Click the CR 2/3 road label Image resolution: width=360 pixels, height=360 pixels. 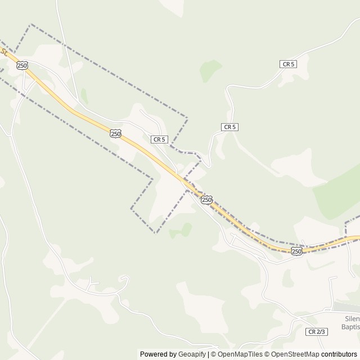(x=317, y=332)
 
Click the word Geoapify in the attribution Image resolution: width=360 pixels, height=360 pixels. (x=191, y=354)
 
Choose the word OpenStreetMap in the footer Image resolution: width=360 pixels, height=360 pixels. (x=296, y=354)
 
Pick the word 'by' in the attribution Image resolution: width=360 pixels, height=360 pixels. (x=172, y=354)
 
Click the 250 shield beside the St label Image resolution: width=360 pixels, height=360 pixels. (x=22, y=65)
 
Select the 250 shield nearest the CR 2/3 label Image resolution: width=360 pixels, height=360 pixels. (x=296, y=251)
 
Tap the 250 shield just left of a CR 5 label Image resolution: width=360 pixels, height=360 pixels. (x=115, y=133)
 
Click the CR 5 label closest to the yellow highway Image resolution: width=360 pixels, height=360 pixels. (x=159, y=139)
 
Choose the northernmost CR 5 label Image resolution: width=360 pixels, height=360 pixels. (x=287, y=65)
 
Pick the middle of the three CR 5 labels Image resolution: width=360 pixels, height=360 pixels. (x=229, y=127)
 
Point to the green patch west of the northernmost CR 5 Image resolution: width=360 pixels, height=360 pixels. (x=211, y=70)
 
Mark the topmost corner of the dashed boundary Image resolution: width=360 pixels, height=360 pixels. (x=31, y=24)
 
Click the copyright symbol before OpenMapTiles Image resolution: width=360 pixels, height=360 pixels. (x=212, y=354)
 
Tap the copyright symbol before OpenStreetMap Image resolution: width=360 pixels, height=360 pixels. (x=267, y=354)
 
